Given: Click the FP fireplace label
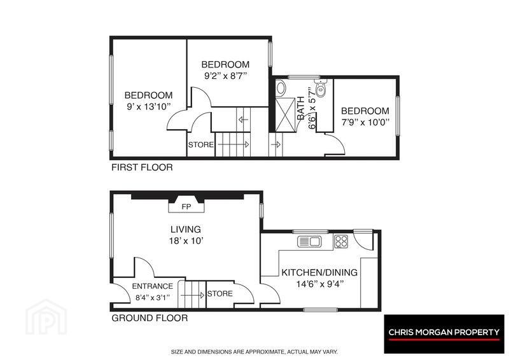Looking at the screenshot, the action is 186,207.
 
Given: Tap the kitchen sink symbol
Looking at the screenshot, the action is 309,242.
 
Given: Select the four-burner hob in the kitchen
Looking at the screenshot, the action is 341,242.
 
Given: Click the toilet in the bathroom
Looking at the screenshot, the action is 321,88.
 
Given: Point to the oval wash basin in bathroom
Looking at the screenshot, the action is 281,87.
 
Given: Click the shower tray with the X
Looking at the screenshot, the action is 285,114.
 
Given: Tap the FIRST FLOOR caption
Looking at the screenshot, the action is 142,167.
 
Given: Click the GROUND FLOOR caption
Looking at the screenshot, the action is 150,318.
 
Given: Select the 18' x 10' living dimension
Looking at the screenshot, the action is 186,241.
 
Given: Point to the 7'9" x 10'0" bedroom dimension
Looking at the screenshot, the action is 365,122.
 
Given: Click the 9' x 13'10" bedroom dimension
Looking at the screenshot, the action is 149,106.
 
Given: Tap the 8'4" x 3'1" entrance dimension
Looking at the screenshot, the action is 153,297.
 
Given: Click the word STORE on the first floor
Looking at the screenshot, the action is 201,145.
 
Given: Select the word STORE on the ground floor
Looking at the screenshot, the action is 220,294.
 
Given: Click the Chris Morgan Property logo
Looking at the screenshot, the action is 444,334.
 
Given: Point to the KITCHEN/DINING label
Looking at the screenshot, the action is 319,272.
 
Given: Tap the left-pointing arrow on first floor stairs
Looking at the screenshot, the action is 243,120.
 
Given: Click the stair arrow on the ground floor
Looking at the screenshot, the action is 193,295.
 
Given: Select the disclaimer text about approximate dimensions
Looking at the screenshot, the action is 254,352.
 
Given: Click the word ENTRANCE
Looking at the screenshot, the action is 153,286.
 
